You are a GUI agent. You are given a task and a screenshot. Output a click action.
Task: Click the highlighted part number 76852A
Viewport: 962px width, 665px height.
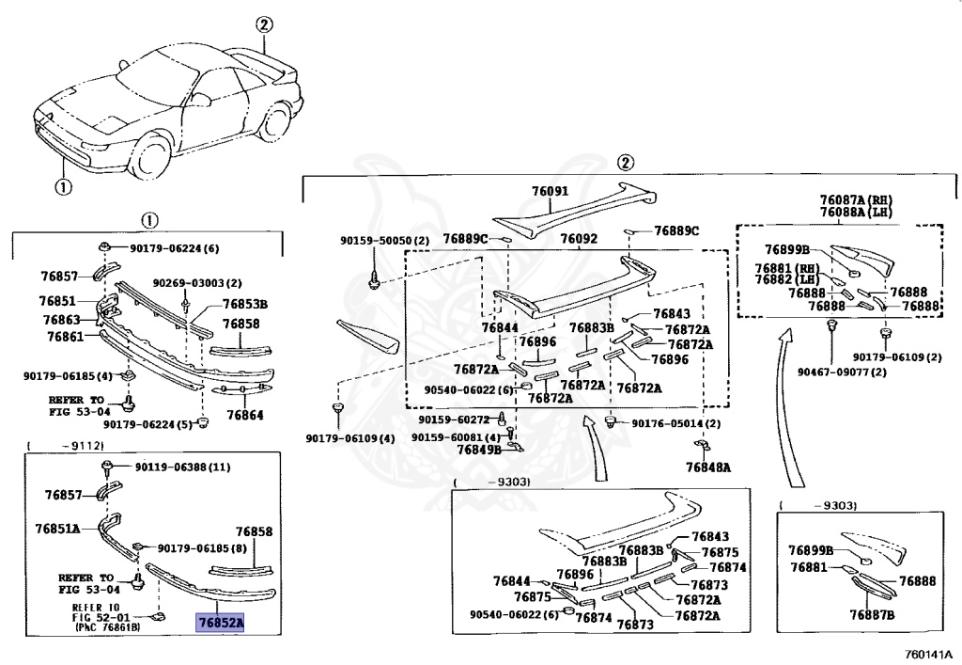pos(219,622)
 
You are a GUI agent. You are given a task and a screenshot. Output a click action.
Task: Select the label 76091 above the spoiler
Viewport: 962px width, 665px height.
pos(550,191)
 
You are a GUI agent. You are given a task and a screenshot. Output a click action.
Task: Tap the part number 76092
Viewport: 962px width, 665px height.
pos(579,239)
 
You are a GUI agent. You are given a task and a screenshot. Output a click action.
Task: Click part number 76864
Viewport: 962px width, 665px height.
pos(244,415)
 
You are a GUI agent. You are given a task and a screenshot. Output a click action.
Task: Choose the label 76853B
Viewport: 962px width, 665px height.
pos(245,304)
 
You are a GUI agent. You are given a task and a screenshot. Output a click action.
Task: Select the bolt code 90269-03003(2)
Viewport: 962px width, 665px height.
pos(197,283)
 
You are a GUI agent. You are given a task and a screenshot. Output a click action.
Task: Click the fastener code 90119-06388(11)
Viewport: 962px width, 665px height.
pos(182,467)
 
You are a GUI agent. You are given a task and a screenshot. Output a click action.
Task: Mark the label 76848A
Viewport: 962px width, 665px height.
pos(707,467)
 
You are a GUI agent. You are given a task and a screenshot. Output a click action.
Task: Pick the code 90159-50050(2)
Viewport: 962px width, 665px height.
pos(384,241)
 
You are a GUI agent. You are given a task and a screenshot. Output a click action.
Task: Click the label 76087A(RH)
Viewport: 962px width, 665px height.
pos(855,200)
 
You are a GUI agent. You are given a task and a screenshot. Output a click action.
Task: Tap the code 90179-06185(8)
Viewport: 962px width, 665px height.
pos(201,548)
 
